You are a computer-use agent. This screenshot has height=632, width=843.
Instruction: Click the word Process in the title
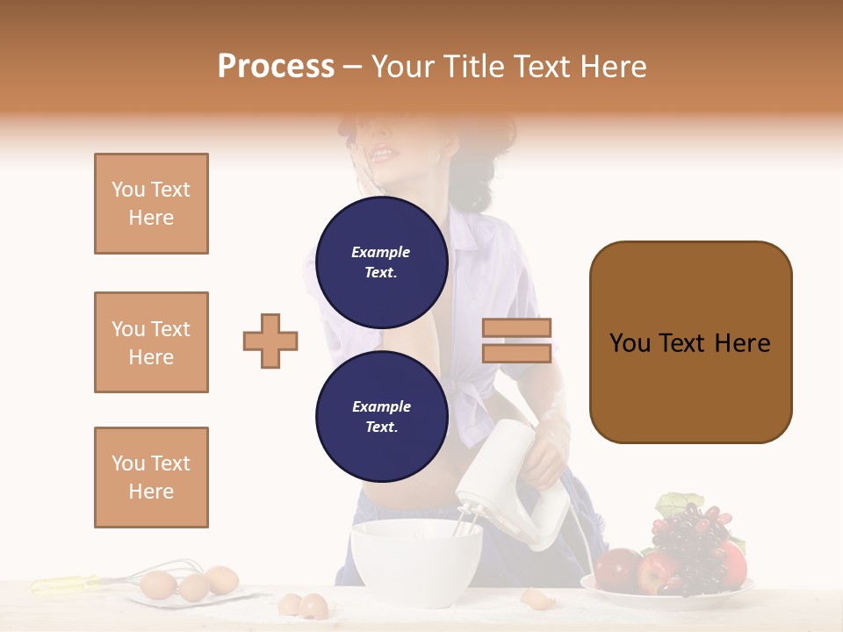[x=276, y=67]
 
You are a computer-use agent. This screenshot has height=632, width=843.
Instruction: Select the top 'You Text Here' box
[x=151, y=204]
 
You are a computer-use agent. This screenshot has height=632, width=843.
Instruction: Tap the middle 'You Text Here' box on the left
[x=151, y=342]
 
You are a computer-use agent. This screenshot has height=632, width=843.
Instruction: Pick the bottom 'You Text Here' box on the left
[x=151, y=478]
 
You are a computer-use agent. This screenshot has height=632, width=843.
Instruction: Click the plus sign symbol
[x=270, y=341]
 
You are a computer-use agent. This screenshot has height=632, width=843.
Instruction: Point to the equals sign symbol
[x=516, y=341]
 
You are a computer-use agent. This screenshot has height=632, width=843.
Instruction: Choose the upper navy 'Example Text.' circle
[x=381, y=262]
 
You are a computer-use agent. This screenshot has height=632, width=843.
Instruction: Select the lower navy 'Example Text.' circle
[x=381, y=416]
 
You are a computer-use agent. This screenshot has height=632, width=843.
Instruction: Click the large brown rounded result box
[x=690, y=342]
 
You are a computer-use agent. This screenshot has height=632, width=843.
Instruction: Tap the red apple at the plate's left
[x=617, y=569]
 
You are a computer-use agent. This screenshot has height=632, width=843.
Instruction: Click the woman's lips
[x=382, y=155]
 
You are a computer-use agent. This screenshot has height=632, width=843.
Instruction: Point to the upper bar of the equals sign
[x=516, y=328]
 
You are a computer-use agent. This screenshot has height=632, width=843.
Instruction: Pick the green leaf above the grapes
[x=674, y=504]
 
